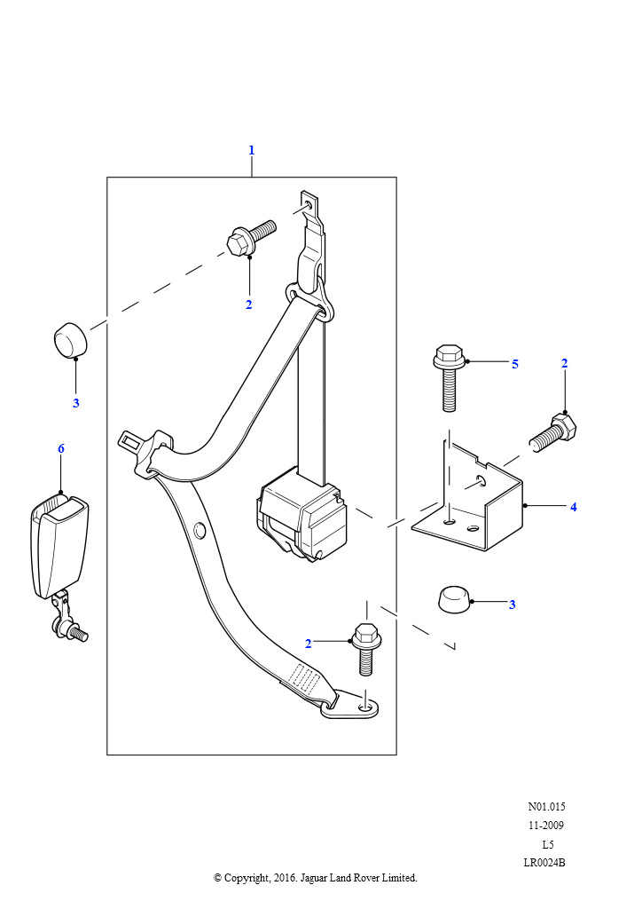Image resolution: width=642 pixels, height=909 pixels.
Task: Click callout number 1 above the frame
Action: (x=251, y=150)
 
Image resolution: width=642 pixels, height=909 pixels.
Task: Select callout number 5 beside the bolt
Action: (x=514, y=364)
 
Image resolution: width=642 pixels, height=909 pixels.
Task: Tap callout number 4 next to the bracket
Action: (x=574, y=507)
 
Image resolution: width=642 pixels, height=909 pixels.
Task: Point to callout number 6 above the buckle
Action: (x=61, y=448)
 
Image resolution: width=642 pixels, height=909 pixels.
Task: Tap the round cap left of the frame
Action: (x=71, y=343)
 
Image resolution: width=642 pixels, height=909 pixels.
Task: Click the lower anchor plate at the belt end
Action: (x=352, y=704)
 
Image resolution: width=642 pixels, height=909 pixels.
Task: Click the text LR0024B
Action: (x=544, y=862)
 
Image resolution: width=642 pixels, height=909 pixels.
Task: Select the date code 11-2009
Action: (x=545, y=826)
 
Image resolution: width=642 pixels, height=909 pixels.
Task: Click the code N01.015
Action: (x=546, y=807)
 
